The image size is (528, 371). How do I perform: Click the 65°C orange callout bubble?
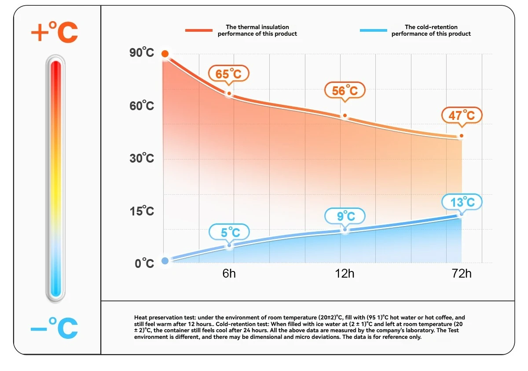pyautogui.click(x=229, y=74)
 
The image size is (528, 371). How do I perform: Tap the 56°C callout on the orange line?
pyautogui.click(x=345, y=90)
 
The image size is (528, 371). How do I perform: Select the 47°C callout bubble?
pyautogui.click(x=462, y=115)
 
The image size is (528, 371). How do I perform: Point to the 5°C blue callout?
pyautogui.click(x=229, y=232)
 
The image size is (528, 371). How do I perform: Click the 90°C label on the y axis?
pyautogui.click(x=142, y=53)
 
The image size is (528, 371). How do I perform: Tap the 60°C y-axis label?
pyautogui.click(x=142, y=106)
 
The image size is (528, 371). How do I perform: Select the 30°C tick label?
pyautogui.click(x=142, y=158)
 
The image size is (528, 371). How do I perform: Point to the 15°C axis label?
pyautogui.click(x=142, y=211)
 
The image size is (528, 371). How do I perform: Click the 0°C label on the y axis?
pyautogui.click(x=144, y=263)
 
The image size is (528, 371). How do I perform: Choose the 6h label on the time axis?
pyautogui.click(x=229, y=274)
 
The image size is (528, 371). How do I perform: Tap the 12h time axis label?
pyautogui.click(x=345, y=274)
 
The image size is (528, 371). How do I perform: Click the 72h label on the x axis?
pyautogui.click(x=462, y=274)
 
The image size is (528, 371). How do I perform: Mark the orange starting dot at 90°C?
pyautogui.click(x=165, y=54)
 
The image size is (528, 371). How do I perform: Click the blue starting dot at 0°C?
pyautogui.click(x=165, y=261)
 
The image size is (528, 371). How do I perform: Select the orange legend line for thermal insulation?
pyautogui.click(x=199, y=30)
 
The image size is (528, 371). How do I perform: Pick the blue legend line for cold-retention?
pyautogui.click(x=374, y=30)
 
